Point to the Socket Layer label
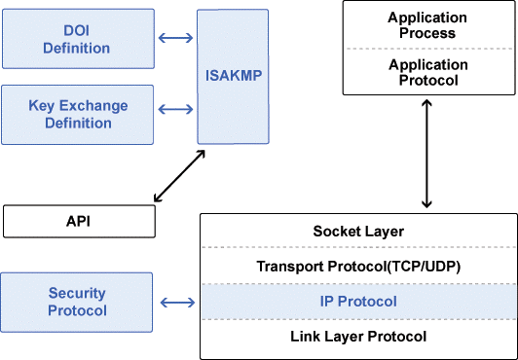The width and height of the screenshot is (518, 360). click(358, 232)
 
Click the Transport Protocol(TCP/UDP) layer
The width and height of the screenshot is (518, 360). click(358, 267)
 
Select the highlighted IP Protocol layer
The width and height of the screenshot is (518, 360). click(358, 302)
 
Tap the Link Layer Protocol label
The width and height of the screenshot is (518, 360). click(358, 337)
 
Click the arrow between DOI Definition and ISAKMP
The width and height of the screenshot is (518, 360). click(175, 40)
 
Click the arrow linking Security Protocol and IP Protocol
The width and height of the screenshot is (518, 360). click(175, 303)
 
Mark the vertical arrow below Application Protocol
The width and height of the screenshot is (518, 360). click(426, 153)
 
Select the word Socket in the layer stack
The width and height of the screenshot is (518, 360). click(334, 232)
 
